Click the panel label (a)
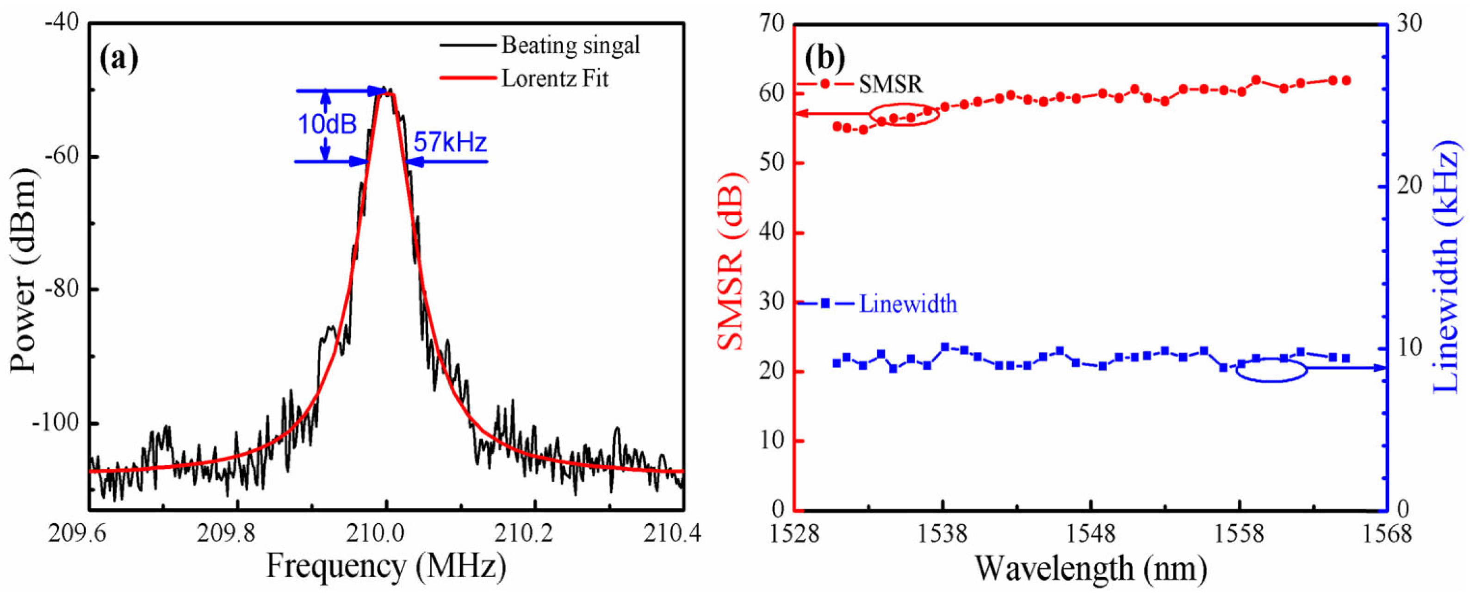[119, 59]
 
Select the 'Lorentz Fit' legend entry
[554, 79]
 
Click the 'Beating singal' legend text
[570, 45]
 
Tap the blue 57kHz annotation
[450, 142]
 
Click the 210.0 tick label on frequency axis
[386, 534]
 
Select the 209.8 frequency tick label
[237, 534]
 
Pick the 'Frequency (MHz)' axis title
[386, 568]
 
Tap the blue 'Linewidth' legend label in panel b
[907, 304]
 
